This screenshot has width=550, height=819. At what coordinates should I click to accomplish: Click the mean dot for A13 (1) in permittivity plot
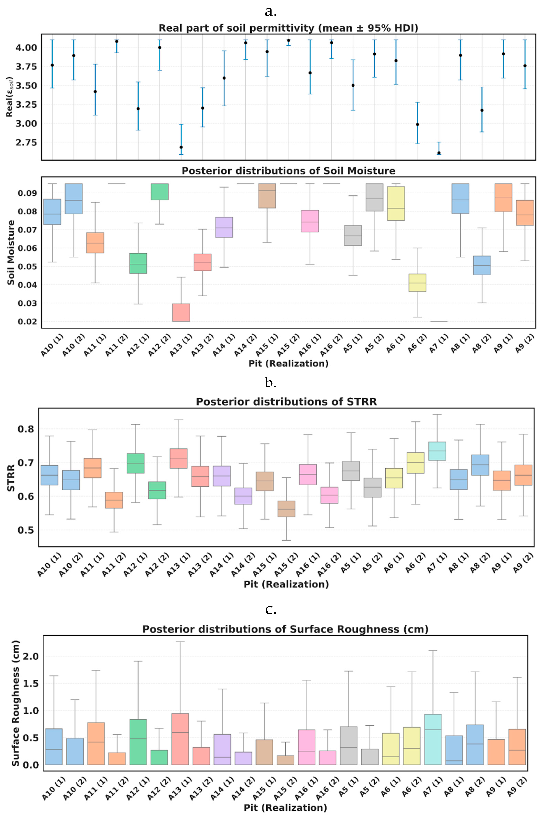coord(181,147)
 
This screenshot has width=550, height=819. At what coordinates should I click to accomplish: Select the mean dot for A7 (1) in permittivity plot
coord(439,153)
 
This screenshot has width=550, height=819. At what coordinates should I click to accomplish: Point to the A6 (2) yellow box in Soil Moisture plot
coord(417,283)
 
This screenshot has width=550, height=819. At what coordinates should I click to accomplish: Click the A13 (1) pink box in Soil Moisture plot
coord(181,312)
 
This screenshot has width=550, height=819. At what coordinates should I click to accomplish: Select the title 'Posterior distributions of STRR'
coord(286,402)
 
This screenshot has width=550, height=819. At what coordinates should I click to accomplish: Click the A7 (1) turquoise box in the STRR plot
coord(437,451)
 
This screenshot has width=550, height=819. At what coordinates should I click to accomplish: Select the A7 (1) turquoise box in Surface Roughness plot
coord(433,739)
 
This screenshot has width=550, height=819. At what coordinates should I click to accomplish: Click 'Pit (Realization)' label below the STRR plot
coord(286,584)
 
